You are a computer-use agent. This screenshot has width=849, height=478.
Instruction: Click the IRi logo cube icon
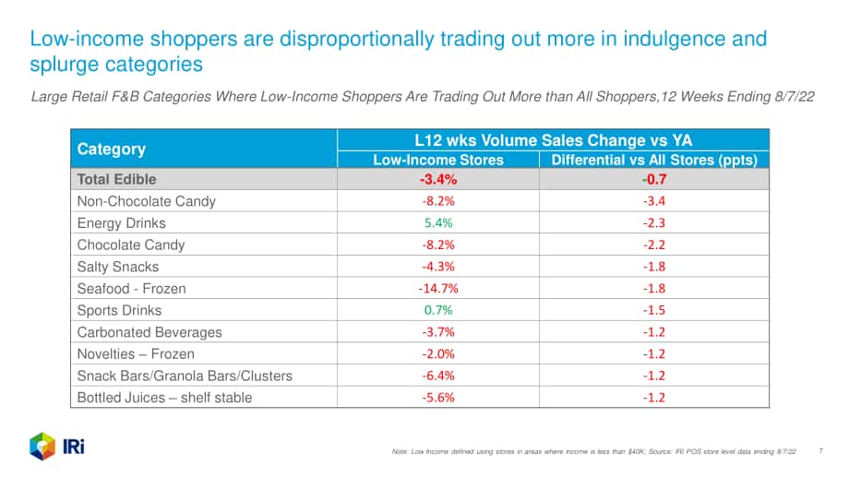(42, 447)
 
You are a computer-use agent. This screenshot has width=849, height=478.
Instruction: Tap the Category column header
(112, 149)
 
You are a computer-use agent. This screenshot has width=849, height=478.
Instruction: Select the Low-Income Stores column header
(438, 160)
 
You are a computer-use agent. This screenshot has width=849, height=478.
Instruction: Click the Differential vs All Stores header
(654, 160)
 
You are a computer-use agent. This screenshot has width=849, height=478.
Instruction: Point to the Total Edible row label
(116, 179)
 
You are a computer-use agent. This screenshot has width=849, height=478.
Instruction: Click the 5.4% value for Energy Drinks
(438, 223)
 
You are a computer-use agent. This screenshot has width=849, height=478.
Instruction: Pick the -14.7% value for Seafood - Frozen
(438, 289)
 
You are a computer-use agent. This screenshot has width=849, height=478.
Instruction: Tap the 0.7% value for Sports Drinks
(438, 310)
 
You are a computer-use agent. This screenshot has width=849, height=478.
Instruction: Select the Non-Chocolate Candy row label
(146, 201)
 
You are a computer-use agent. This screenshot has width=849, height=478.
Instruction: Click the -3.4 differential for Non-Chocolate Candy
(654, 201)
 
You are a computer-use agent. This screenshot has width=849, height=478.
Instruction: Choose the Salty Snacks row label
(118, 267)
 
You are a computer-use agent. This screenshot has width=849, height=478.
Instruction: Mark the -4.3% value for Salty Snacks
(438, 267)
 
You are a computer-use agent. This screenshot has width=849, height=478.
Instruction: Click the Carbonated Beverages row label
(149, 332)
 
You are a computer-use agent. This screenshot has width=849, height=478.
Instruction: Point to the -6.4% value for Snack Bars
(438, 376)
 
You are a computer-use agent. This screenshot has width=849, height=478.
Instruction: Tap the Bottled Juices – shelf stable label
(164, 398)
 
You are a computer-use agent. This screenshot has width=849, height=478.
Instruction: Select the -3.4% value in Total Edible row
(438, 179)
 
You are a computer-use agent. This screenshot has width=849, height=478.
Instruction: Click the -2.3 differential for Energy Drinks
(654, 223)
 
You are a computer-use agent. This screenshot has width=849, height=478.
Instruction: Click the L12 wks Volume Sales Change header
(554, 140)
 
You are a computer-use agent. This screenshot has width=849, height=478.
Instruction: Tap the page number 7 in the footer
(820, 451)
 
